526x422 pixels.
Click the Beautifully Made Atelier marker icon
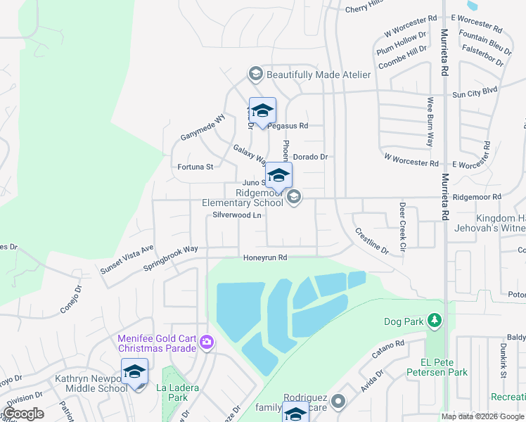point(255,74)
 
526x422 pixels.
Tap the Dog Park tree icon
point(435,321)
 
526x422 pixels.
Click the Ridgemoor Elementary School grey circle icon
point(294,198)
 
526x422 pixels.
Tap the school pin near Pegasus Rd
point(262,111)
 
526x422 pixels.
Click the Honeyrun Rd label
point(265,258)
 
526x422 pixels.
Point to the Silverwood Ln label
point(237,216)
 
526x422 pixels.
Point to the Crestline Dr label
point(371,241)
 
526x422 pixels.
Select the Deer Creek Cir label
point(402,226)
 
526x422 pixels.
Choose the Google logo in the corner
point(23,414)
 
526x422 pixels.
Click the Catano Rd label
point(388,349)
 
